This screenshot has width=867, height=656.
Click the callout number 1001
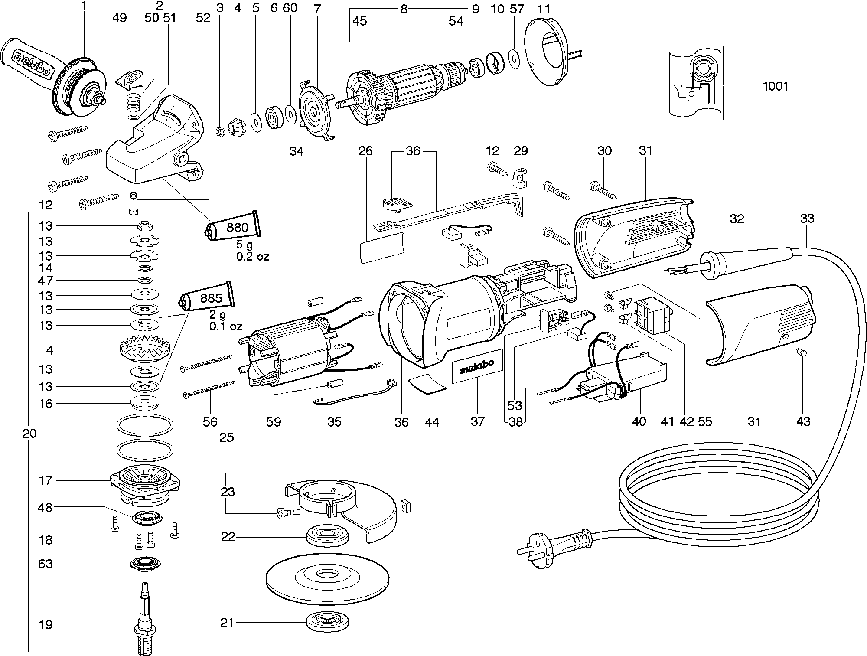(776, 86)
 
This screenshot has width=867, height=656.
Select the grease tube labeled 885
(207, 298)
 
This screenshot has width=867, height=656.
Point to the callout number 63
(45, 564)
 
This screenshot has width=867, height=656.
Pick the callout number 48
(45, 507)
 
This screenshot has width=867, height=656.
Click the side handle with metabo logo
(33, 62)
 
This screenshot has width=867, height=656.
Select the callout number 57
(517, 9)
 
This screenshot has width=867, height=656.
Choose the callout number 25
(226, 437)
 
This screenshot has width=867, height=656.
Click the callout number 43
(803, 421)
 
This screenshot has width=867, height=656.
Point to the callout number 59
(274, 421)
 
